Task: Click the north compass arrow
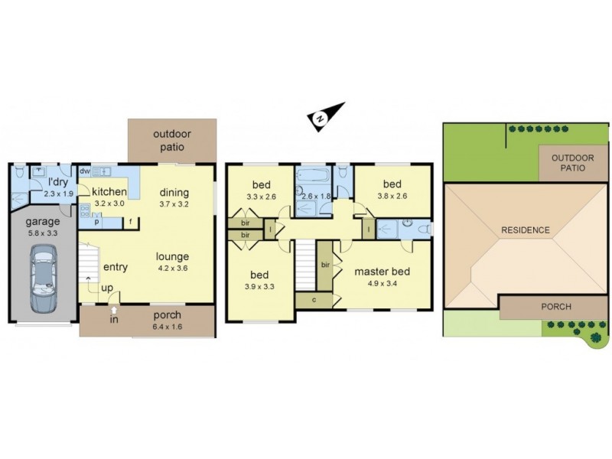pyautogui.click(x=321, y=117)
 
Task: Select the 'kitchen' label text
pyautogui.click(x=109, y=192)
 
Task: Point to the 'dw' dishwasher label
pyautogui.click(x=84, y=171)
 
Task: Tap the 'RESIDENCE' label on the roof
pyautogui.click(x=525, y=229)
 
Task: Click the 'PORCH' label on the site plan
pyautogui.click(x=555, y=307)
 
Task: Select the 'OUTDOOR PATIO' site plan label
pyautogui.click(x=568, y=161)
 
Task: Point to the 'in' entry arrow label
pyautogui.click(x=114, y=320)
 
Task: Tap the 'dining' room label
pyautogui.click(x=174, y=192)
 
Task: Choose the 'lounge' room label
pyautogui.click(x=172, y=256)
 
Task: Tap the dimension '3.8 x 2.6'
pyautogui.click(x=392, y=197)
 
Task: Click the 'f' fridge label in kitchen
pyautogui.click(x=132, y=222)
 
